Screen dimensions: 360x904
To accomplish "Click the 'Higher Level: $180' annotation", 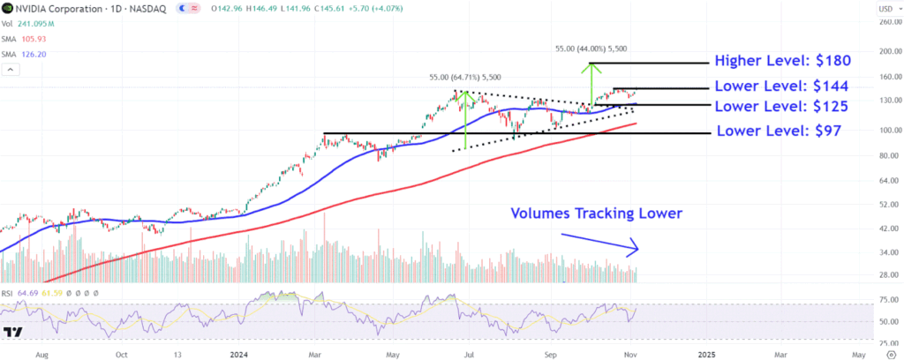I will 782,62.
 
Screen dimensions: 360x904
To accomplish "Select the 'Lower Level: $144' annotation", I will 782,86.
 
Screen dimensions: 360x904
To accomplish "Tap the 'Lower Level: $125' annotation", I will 782,107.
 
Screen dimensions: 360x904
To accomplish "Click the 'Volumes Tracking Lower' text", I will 596,213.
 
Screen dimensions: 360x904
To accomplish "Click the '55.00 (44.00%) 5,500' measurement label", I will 591,49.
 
